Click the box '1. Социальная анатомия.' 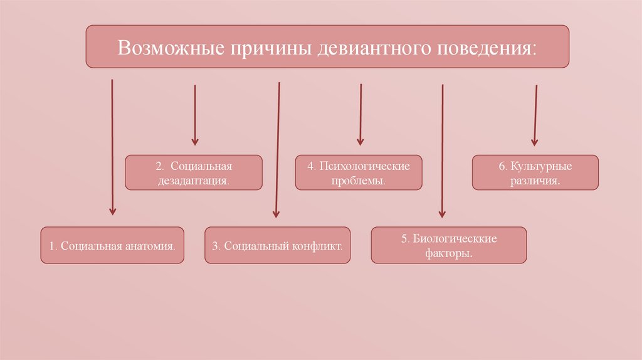[113, 245]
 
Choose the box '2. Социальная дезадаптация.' [193, 172]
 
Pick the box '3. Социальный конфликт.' [278, 245]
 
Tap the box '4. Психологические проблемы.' [359, 172]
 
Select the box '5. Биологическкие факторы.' [449, 245]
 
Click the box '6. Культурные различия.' [535, 172]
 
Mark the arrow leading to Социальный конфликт [277, 151]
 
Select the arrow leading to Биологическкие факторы [443, 151]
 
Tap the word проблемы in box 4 [359, 180]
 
